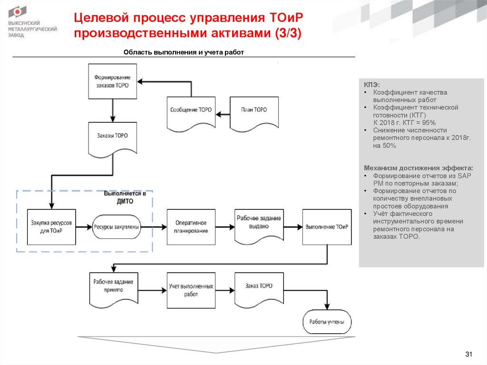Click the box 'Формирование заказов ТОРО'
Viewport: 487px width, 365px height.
(113, 81)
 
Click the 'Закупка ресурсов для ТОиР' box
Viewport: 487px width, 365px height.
(51, 227)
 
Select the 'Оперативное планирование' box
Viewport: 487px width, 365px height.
(191, 227)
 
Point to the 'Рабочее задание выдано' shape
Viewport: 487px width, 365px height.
(259, 225)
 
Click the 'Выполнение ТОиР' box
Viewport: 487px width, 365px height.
(327, 227)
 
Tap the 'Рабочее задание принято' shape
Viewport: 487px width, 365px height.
(113, 287)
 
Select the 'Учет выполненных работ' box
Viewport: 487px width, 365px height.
(191, 290)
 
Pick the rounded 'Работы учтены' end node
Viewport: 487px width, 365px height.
(327, 322)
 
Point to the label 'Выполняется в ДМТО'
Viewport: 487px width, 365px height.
(125, 198)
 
